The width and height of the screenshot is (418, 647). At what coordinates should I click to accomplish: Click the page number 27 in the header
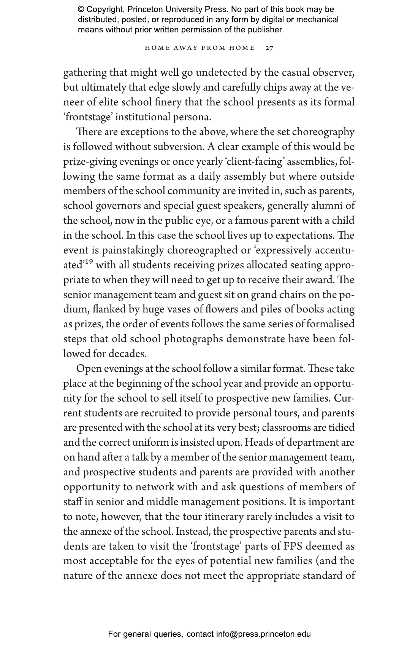(269, 48)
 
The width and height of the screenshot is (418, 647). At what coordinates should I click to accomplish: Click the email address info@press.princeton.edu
(264, 634)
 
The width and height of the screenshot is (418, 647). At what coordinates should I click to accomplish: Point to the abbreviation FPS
(292, 547)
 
